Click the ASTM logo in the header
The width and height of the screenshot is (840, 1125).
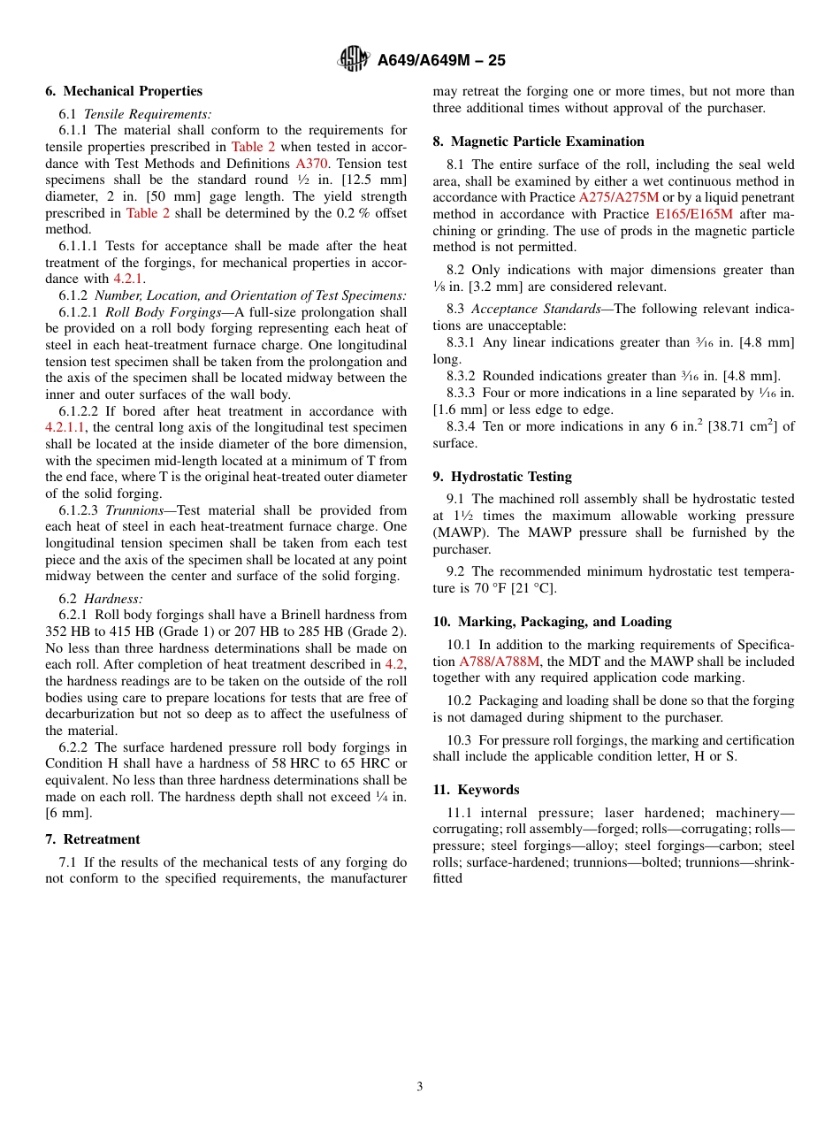(x=355, y=60)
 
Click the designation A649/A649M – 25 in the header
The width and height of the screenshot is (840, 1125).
(x=441, y=61)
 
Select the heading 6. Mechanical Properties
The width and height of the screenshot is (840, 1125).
(x=124, y=91)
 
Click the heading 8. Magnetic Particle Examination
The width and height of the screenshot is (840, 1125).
(x=538, y=142)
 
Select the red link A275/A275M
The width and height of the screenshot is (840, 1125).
(x=618, y=197)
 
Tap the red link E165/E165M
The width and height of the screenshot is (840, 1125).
(x=694, y=214)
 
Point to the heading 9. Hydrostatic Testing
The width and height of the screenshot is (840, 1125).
(x=502, y=477)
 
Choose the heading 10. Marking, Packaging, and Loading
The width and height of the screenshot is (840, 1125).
(x=552, y=622)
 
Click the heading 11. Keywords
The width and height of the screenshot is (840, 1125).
(x=476, y=790)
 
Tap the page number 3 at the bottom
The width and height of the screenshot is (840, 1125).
(x=420, y=1087)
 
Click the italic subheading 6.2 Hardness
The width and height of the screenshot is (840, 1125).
(x=112, y=599)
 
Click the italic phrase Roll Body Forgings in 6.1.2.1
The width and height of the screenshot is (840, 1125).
(x=163, y=312)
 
